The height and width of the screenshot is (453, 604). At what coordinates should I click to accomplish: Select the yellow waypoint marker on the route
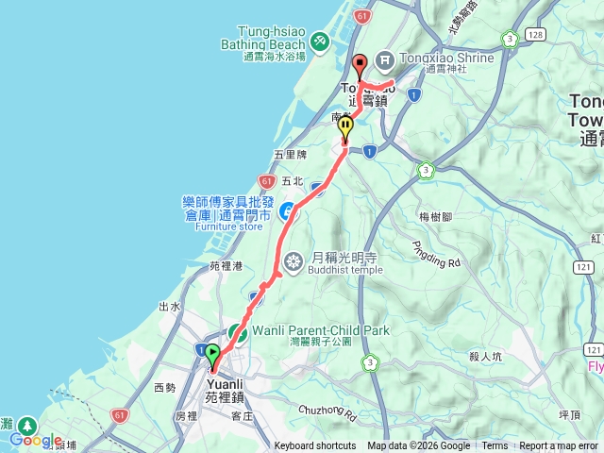(x=346, y=126)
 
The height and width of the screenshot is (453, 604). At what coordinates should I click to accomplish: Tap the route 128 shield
(x=536, y=35)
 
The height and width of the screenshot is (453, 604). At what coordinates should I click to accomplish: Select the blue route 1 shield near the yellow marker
(x=369, y=150)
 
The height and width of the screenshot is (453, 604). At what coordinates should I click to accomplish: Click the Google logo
(x=36, y=440)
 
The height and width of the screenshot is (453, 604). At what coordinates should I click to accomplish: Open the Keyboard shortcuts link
(x=315, y=446)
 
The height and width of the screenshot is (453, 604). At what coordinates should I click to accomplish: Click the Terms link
(x=495, y=446)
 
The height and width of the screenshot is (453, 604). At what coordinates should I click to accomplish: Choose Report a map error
(x=560, y=446)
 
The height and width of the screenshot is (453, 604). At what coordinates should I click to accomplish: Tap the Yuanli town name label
(x=226, y=384)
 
